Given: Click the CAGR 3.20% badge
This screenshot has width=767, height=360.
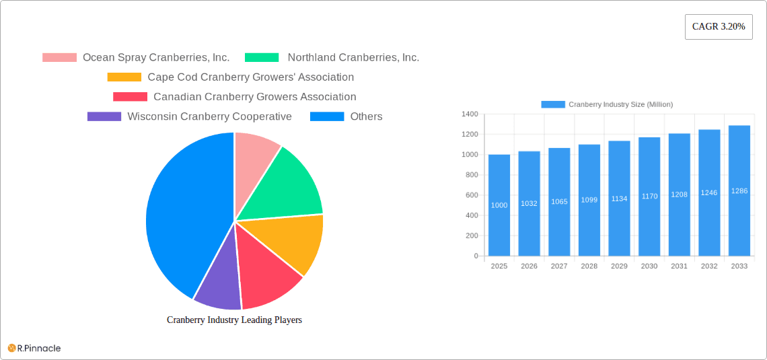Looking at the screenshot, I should point(718,27).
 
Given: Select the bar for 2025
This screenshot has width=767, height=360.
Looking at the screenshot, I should point(499,205).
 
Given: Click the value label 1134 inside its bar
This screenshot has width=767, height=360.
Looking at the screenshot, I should point(619,199).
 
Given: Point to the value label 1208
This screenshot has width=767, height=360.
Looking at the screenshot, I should point(679,194).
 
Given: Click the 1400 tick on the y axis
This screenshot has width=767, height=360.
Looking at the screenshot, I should point(469,114).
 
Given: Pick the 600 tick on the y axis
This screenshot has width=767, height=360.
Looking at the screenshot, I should point(471,195).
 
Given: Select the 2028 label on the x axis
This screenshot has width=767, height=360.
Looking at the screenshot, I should point(589,266).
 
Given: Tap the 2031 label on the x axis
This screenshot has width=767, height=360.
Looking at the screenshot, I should point(679,266).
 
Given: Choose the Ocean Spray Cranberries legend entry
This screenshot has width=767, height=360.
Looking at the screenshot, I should point(155,58).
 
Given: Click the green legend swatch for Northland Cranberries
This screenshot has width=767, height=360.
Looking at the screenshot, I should point(262,58).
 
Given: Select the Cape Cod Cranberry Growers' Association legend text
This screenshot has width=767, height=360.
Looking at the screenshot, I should point(250,77).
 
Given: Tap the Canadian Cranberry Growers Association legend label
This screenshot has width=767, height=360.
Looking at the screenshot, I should point(254,97).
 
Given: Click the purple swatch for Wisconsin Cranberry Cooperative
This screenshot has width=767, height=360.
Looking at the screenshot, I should point(104,116).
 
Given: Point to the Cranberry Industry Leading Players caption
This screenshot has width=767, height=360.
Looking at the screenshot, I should point(234,320).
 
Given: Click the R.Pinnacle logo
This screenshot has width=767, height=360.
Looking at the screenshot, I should point(34,348).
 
